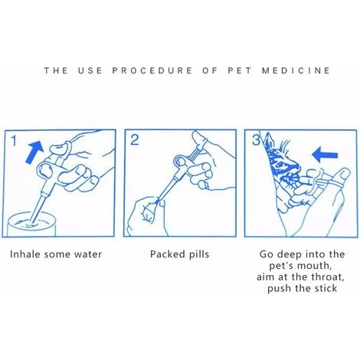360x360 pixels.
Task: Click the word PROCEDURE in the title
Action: tap(152, 70)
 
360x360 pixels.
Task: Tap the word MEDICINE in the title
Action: tap(296, 70)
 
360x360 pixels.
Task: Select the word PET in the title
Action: tap(240, 70)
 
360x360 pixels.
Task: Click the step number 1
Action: tap(14, 141)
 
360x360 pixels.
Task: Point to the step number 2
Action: tap(134, 140)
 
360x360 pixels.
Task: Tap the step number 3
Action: tap(256, 140)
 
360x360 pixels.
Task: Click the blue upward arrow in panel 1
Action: tap(35, 152)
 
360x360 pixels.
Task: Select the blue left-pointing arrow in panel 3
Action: tap(325, 155)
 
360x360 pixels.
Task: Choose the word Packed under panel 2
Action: tap(167, 254)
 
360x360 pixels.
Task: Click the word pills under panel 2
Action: tap(199, 254)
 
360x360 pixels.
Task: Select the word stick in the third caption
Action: tap(326, 289)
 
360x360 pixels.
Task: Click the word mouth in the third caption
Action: tap(315, 266)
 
